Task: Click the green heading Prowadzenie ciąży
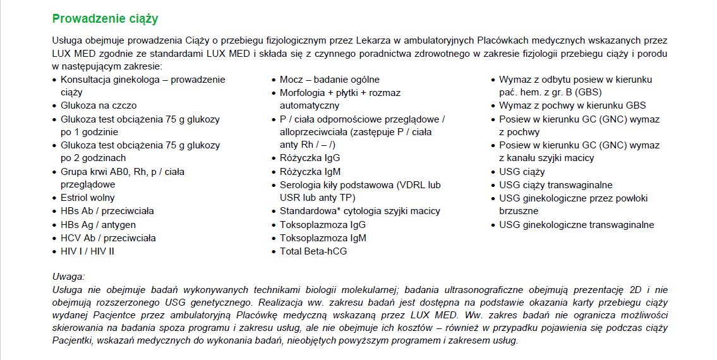(105, 18)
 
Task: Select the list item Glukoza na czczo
(99, 105)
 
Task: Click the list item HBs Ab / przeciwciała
(107, 211)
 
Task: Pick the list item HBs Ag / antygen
(98, 224)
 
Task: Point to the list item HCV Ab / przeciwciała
(108, 238)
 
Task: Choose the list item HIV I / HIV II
(88, 251)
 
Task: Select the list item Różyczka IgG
(310, 158)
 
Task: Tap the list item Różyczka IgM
(310, 172)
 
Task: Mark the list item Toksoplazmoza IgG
(323, 224)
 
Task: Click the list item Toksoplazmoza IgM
(323, 238)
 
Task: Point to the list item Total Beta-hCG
(313, 251)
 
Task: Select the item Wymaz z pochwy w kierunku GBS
(572, 105)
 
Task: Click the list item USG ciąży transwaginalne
(556, 185)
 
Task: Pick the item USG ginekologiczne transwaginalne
(577, 224)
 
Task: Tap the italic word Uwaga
(68, 277)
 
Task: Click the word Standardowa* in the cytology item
(306, 211)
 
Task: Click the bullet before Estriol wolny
(56, 198)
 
